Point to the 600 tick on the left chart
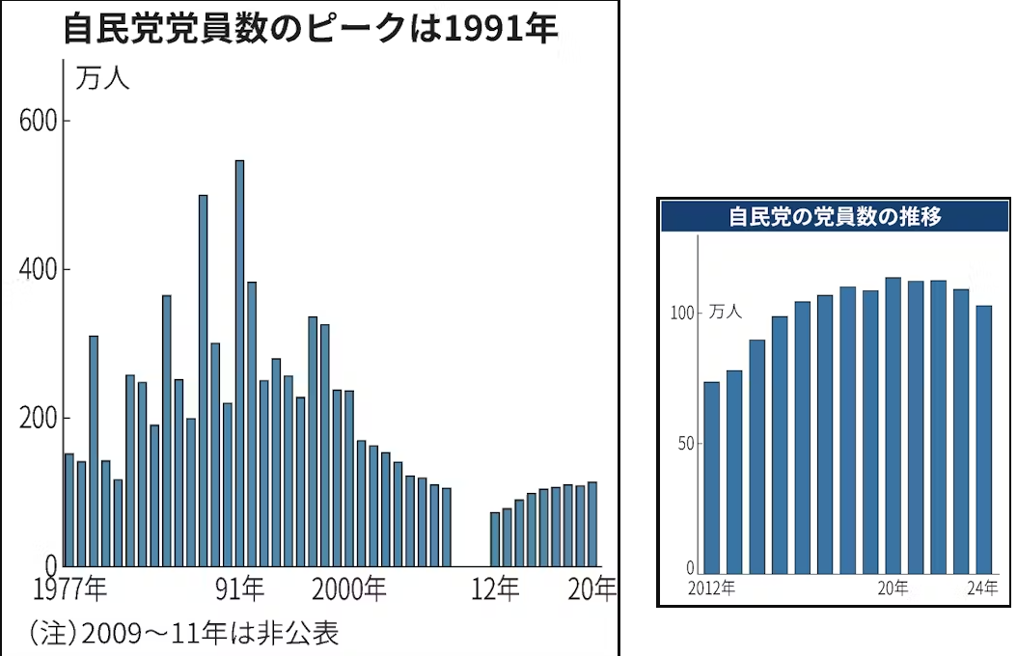[x=41, y=121]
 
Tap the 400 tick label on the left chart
[x=41, y=269]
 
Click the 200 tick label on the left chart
[x=41, y=419]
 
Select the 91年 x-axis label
[x=240, y=588]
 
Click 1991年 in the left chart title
[x=501, y=29]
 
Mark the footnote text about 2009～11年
[x=183, y=633]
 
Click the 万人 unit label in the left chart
[x=102, y=80]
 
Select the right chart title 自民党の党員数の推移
[x=835, y=217]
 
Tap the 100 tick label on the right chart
[x=682, y=313]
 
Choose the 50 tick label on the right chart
[x=685, y=444]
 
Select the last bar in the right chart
[x=984, y=440]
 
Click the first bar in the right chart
[x=712, y=478]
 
